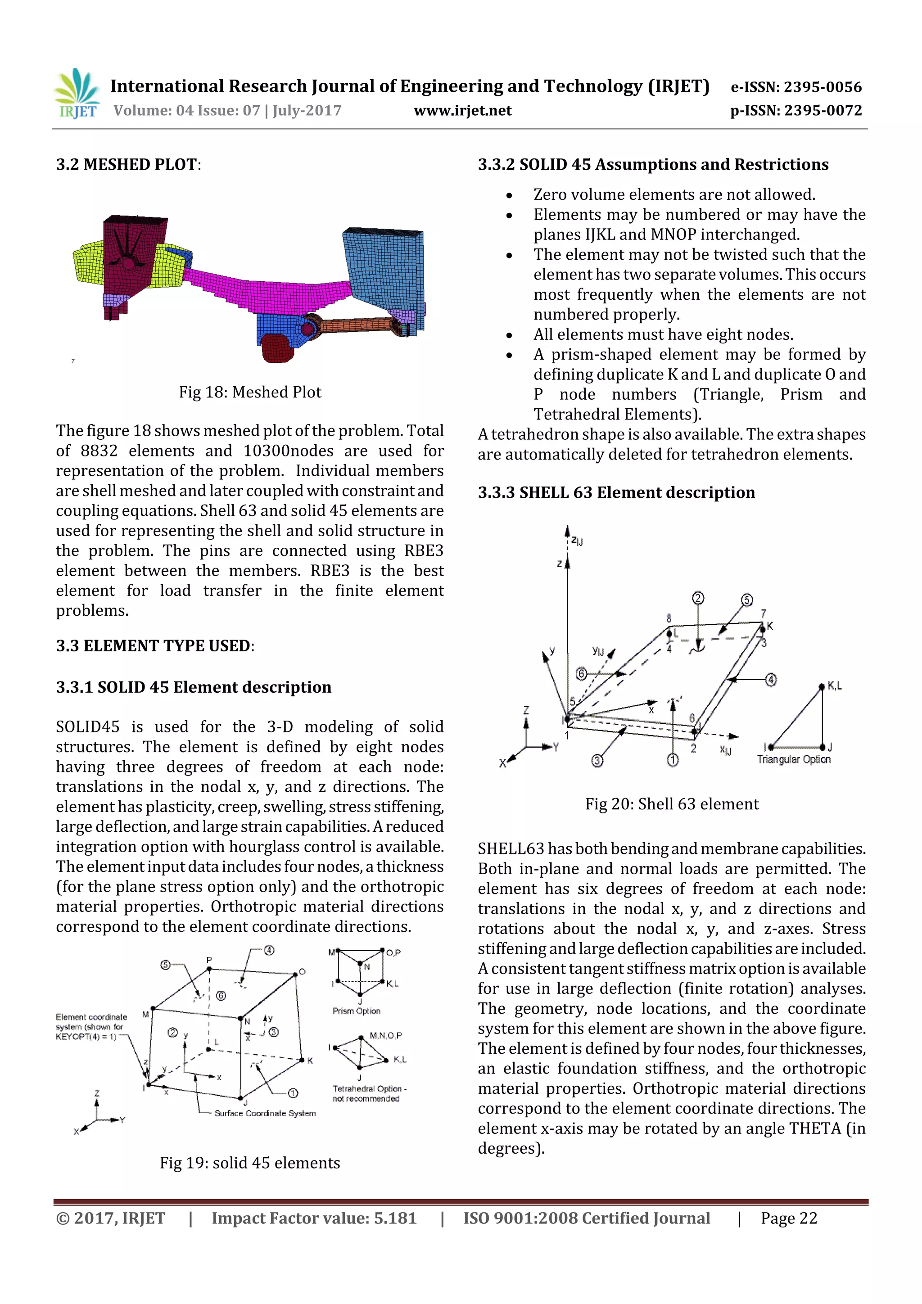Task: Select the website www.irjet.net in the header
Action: tap(462, 111)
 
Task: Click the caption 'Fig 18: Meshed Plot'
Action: tap(250, 392)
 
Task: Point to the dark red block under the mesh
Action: tap(278, 348)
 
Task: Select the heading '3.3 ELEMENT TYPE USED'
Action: tap(154, 646)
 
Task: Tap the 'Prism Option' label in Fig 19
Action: tap(356, 1011)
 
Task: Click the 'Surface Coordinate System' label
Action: tap(265, 1113)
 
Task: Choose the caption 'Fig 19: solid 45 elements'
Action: tap(250, 1163)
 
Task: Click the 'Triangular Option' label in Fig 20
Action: tap(794, 759)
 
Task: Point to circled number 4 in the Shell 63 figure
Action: tap(771, 680)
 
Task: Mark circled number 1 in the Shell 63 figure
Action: tap(673, 760)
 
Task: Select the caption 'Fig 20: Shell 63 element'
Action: tap(672, 803)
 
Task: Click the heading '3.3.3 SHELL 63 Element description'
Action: tap(616, 492)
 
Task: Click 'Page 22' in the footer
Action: tap(789, 1218)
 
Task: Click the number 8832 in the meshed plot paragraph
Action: tap(99, 451)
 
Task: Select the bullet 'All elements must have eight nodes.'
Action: tap(663, 334)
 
